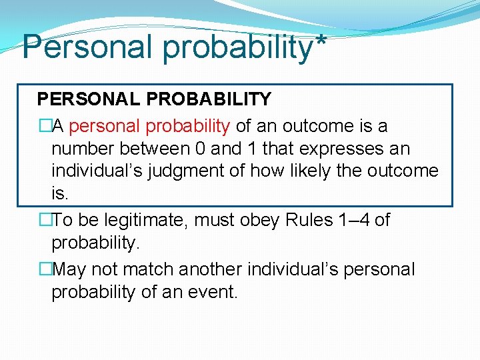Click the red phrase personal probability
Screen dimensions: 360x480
[149, 125]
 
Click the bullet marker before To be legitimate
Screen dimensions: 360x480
[44, 221]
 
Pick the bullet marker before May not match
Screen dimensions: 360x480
[44, 269]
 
